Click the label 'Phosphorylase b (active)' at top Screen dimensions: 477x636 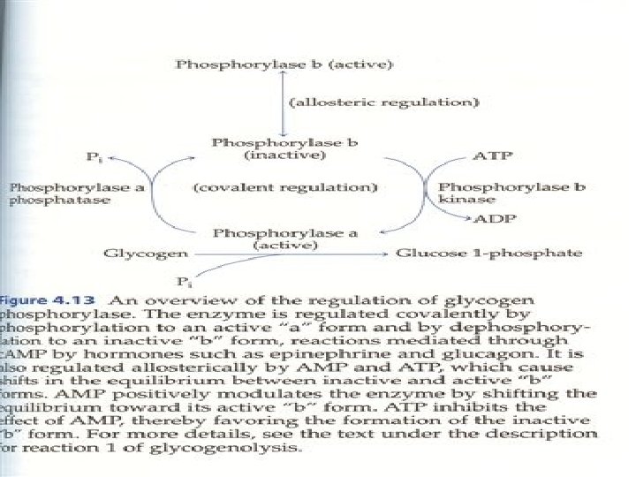click(284, 64)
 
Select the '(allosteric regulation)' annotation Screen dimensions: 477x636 click(385, 102)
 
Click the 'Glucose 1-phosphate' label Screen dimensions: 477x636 click(488, 254)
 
